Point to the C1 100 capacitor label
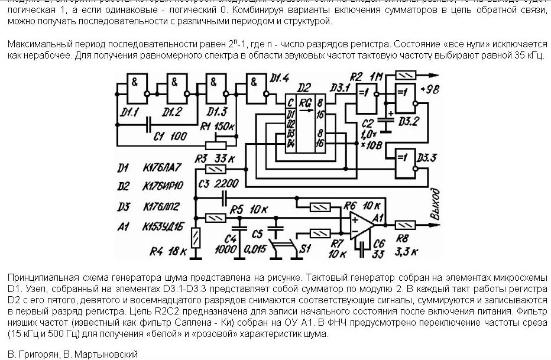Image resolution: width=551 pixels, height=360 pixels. point(168,136)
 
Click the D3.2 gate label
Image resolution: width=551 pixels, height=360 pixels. point(424,121)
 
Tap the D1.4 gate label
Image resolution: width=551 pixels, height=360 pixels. point(278,78)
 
